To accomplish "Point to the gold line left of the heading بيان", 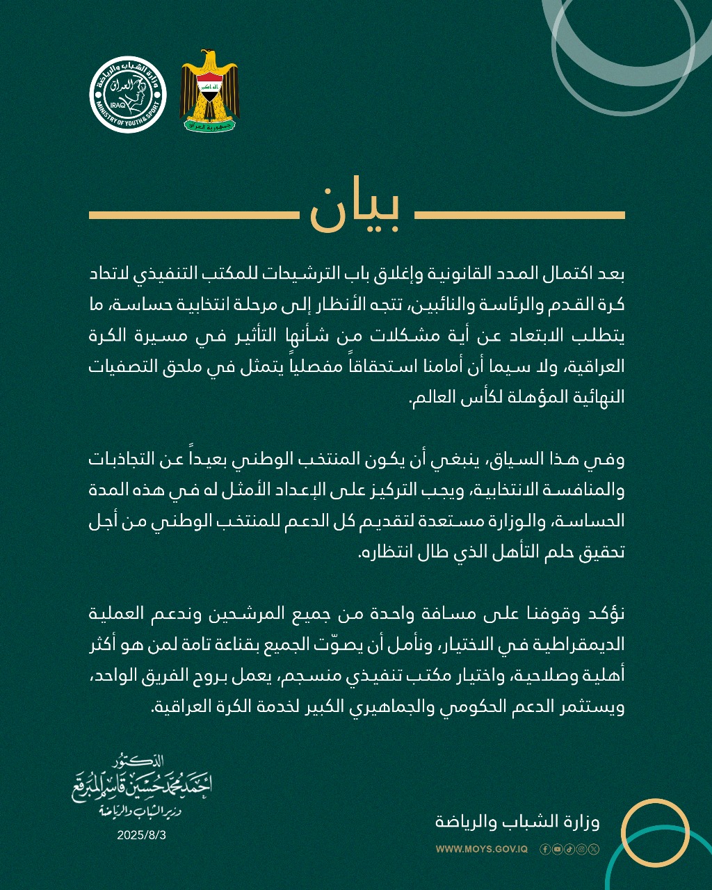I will (x=193, y=215).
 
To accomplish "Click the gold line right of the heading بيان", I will (x=520, y=215).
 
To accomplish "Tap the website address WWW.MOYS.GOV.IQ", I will (x=482, y=849).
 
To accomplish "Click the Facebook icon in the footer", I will (x=545, y=849).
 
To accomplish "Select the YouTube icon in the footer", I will (x=557, y=849).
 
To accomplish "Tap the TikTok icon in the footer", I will (x=569, y=849).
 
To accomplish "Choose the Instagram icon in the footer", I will (x=581, y=849).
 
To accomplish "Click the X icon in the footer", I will (x=592, y=849).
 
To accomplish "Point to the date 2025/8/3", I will (x=142, y=835).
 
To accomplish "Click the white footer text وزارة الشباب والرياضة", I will (x=517, y=821).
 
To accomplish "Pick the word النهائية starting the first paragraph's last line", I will (x=594, y=397).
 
